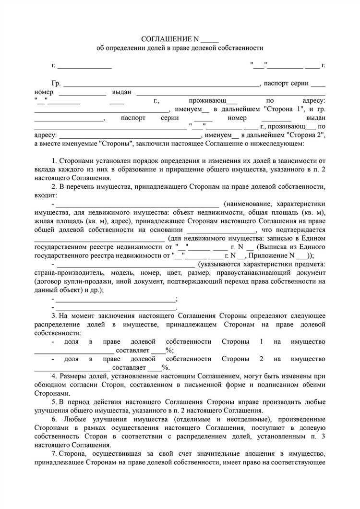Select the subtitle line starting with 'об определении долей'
coord(180,48)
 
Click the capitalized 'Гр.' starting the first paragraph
coord(56,83)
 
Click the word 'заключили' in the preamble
coord(154,144)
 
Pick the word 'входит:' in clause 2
coord(45,195)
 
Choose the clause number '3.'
coord(54,316)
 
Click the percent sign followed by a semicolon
coord(169,351)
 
